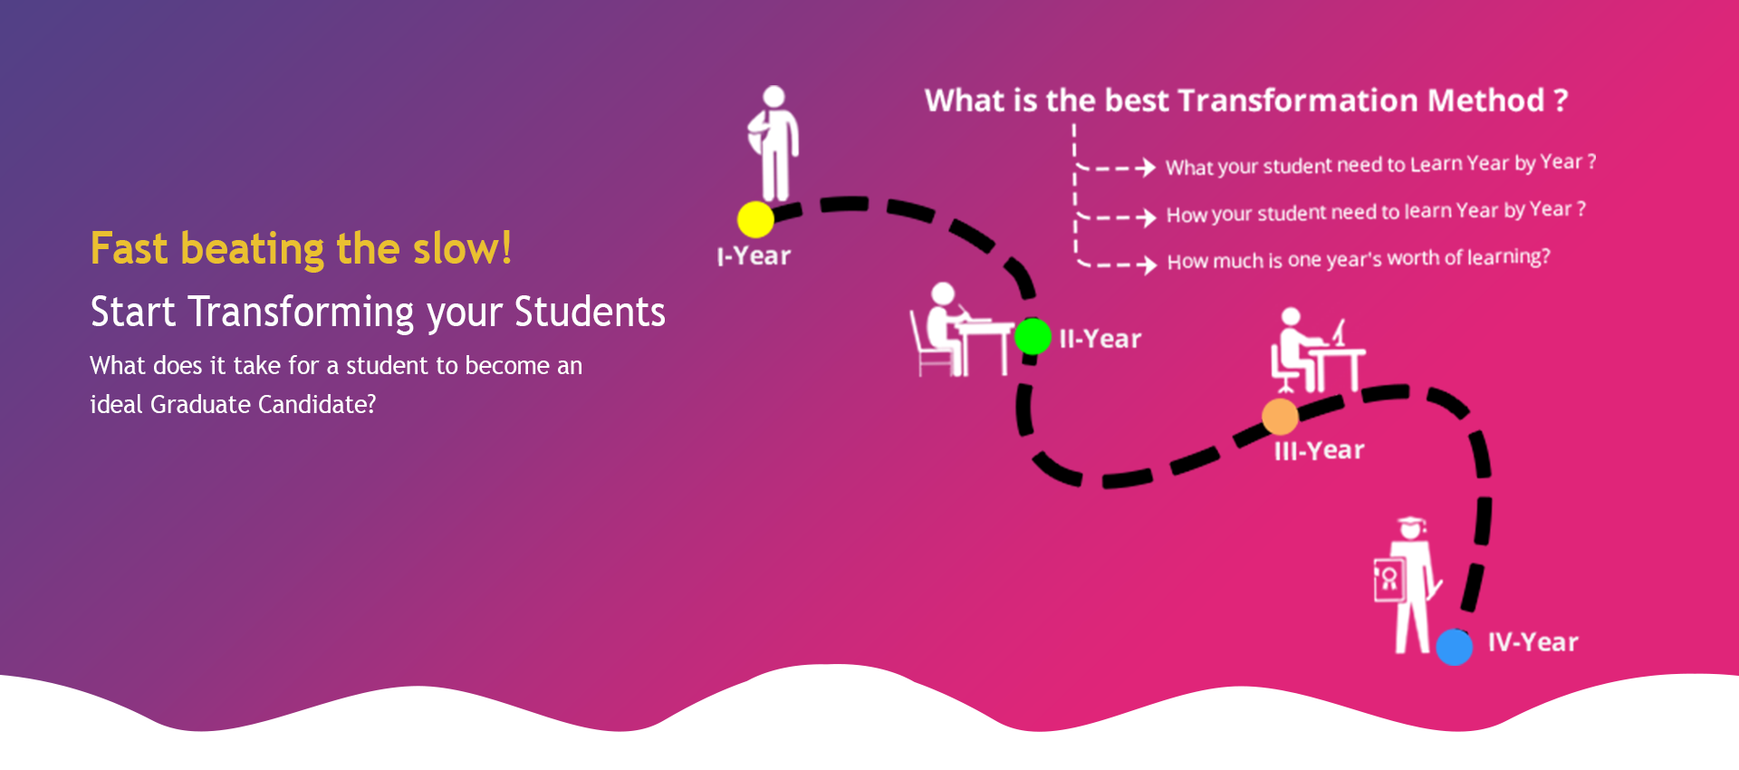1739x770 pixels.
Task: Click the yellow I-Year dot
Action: coord(755,219)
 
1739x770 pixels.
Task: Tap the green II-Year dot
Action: coord(1033,337)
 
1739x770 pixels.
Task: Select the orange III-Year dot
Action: coord(1280,417)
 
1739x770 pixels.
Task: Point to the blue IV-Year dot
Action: coord(1455,647)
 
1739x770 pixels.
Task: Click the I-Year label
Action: coord(754,256)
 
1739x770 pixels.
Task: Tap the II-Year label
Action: coord(1100,339)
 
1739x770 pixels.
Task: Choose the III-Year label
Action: coord(1319,450)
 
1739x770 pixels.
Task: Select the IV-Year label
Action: coord(1532,642)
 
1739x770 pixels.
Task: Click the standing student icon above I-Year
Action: coord(773,143)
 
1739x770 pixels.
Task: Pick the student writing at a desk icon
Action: coord(961,330)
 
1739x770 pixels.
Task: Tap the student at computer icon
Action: coord(1317,351)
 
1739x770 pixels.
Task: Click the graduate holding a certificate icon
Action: coord(1406,585)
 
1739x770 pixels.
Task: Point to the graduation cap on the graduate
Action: coord(1411,525)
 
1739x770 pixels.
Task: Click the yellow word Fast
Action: coord(130,248)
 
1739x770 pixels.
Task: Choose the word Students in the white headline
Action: coord(590,312)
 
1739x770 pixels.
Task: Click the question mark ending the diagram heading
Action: coord(1561,100)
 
